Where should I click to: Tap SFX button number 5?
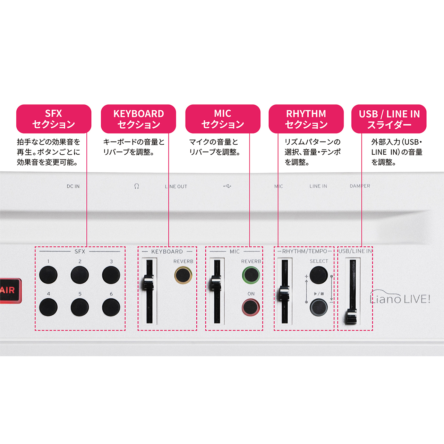pyautogui.click(x=80, y=307)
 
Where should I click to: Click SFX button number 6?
pyautogui.click(x=111, y=307)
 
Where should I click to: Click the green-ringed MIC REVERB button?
pyautogui.click(x=251, y=275)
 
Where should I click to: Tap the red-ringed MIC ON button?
pyautogui.click(x=251, y=307)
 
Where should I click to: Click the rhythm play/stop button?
pyautogui.click(x=319, y=307)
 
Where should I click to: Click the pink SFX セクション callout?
pyautogui.click(x=54, y=119)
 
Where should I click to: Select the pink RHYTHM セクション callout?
pyautogui.click(x=306, y=119)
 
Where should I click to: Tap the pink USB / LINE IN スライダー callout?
pyautogui.click(x=389, y=119)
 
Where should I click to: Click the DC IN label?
pyautogui.click(x=73, y=186)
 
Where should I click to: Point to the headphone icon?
pyautogui.click(x=137, y=186)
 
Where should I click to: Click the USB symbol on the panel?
pyautogui.click(x=227, y=186)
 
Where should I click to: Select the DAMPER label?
pyautogui.click(x=360, y=186)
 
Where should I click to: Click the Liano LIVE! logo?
pyautogui.click(x=400, y=297)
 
